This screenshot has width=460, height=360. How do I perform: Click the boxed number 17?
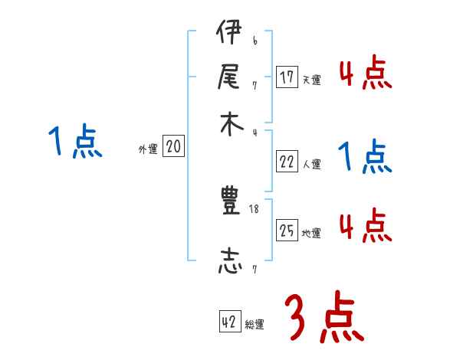coord(287,77)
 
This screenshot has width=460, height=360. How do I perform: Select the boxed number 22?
coord(287,162)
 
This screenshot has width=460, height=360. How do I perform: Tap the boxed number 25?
coord(287,231)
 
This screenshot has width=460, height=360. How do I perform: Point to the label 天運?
coord(311,80)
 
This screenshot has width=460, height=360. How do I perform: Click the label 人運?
coord(311,164)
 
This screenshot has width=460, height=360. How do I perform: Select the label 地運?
coord(311,233)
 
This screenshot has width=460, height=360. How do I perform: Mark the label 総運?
coord(255,325)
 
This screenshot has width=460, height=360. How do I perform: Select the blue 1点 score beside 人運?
coord(365,157)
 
